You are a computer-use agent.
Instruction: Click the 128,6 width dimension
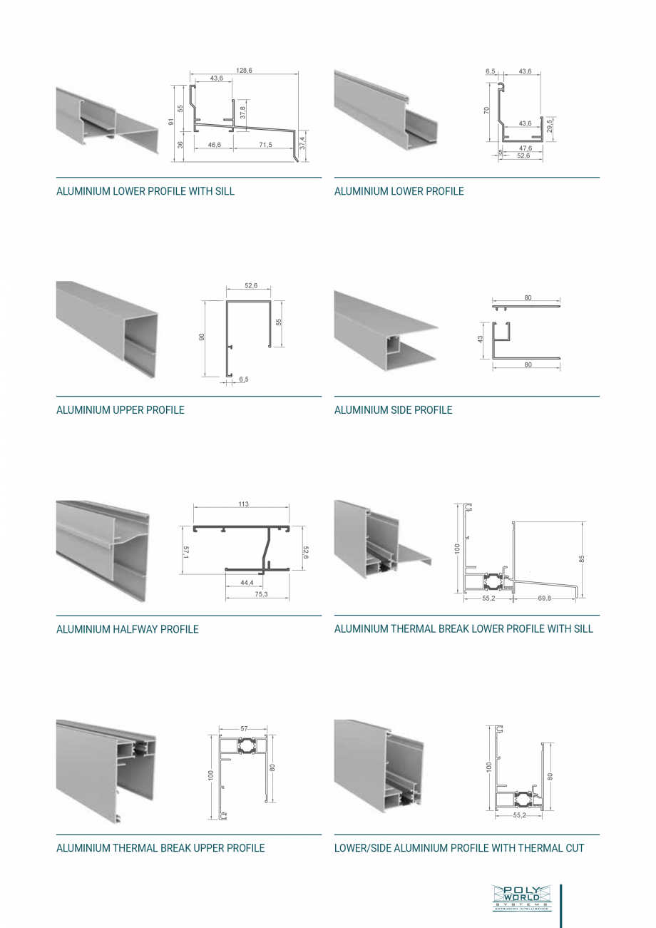click(x=245, y=71)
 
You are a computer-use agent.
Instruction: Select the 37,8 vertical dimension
click(x=242, y=112)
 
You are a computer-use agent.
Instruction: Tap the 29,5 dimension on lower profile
click(x=550, y=126)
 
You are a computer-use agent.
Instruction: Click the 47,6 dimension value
click(x=525, y=148)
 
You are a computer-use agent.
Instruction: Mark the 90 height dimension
click(x=202, y=336)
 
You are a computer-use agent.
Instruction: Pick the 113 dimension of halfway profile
click(x=244, y=504)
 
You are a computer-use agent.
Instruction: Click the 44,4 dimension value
click(x=247, y=583)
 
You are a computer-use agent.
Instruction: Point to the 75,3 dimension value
click(x=261, y=594)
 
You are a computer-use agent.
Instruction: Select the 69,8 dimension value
click(x=544, y=598)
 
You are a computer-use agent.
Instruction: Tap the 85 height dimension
click(x=583, y=559)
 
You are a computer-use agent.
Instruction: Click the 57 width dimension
click(x=244, y=729)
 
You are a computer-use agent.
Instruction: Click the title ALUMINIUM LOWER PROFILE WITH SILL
click(x=145, y=191)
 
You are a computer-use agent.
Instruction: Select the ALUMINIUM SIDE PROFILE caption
click(x=393, y=410)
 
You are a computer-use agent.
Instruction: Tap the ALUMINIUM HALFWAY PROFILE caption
click(x=128, y=629)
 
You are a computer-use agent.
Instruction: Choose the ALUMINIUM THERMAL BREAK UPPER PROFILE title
click(x=160, y=848)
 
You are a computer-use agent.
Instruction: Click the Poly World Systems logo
click(x=521, y=898)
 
